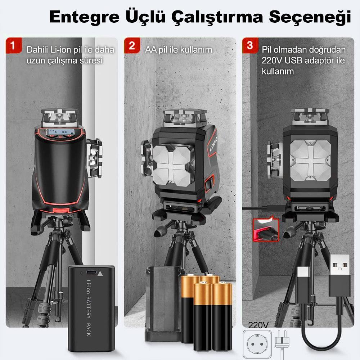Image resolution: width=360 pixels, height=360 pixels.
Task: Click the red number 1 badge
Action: pyautogui.click(x=13, y=46)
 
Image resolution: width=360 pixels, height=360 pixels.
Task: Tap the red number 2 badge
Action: pyautogui.click(x=132, y=46)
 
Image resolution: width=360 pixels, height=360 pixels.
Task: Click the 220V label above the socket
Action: pyautogui.click(x=258, y=325)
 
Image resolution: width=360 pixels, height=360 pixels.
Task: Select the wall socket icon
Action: pyautogui.click(x=256, y=343)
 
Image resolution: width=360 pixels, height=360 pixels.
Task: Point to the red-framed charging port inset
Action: pyautogui.click(x=266, y=230)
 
